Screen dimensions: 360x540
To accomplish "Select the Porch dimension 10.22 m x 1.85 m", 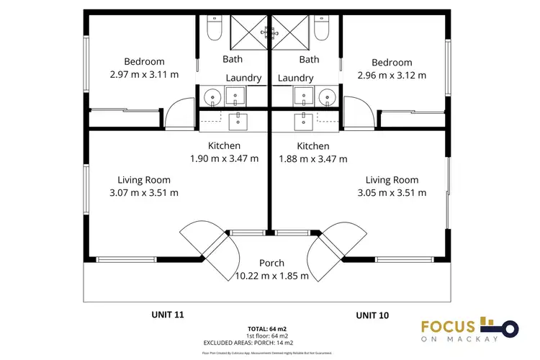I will pos(272,276).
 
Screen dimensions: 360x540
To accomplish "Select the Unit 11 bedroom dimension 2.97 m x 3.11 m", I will pos(144,74).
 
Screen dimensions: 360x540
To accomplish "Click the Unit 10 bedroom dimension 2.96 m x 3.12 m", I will pos(392,75).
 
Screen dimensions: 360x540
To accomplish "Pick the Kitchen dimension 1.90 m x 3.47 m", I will pos(223,158).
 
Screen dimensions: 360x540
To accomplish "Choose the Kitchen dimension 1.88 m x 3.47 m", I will pos(313,158).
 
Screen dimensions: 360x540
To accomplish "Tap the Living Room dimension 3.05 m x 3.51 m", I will pos(392,192).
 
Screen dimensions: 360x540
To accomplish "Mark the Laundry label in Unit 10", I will pos(296,78).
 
